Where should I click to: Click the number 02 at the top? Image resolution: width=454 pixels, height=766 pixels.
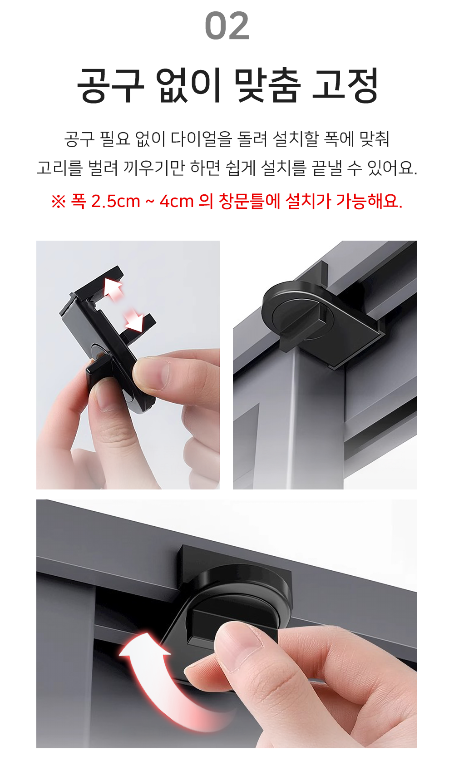[x=227, y=25]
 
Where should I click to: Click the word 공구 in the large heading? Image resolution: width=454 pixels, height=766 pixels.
[x=110, y=85]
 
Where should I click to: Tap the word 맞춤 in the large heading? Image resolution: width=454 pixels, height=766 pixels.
[x=267, y=85]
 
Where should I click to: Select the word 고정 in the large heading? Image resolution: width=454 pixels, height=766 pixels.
[x=345, y=85]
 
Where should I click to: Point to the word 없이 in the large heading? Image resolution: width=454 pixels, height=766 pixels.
[x=189, y=85]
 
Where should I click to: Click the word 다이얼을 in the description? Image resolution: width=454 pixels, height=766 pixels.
[x=201, y=139]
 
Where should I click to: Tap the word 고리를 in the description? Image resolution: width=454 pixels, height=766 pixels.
[x=59, y=168]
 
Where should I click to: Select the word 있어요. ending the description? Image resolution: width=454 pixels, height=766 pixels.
[x=392, y=168]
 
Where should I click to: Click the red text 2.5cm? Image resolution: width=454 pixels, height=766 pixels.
[x=116, y=201]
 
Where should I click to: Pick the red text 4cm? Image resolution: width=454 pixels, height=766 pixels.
[x=177, y=201]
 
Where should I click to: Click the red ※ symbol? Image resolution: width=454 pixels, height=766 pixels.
[x=58, y=202]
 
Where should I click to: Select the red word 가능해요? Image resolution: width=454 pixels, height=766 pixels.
[x=369, y=201]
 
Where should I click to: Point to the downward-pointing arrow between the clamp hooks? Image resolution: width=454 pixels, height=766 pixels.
[x=133, y=319]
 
